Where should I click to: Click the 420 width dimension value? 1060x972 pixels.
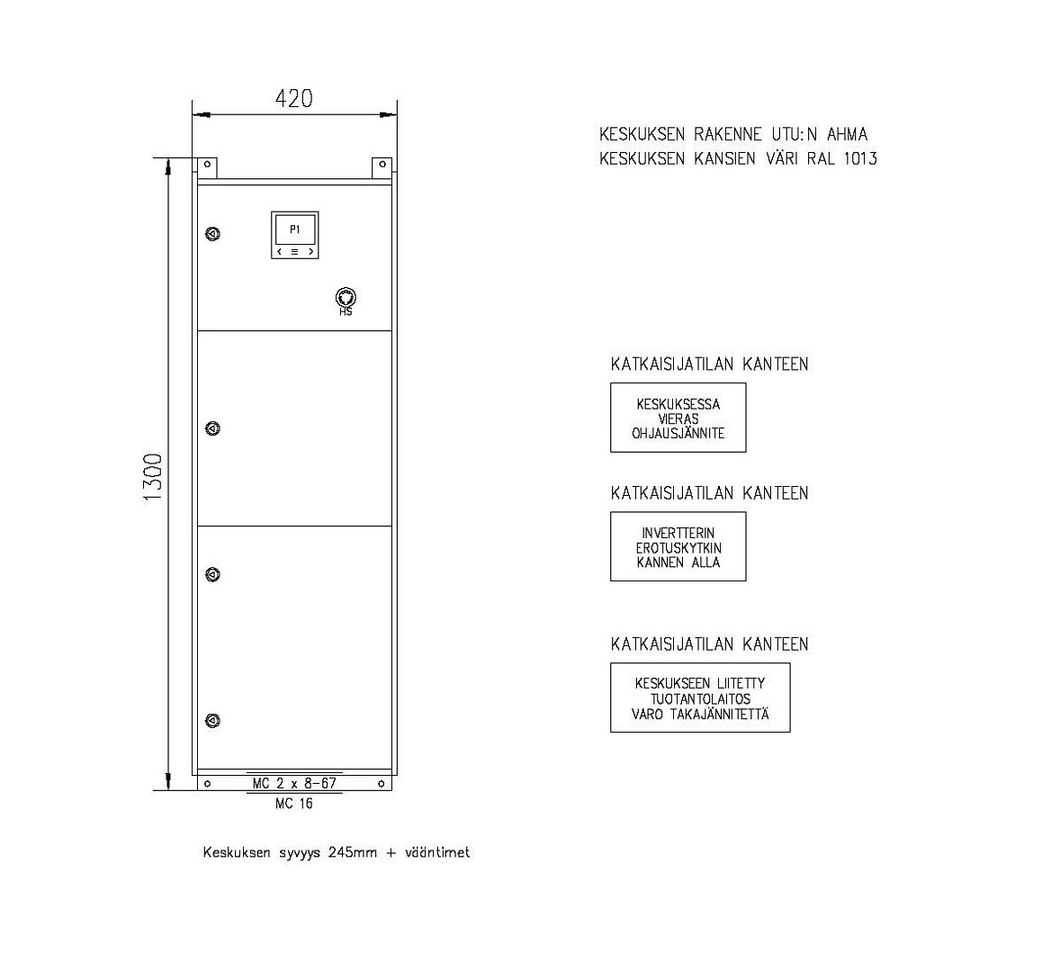[x=294, y=99]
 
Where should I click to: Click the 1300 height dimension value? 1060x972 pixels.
[x=154, y=477]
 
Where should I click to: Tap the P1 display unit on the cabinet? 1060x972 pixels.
[x=295, y=235]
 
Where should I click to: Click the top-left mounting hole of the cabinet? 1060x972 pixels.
[x=208, y=165]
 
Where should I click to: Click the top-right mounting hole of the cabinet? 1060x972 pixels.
[x=382, y=165]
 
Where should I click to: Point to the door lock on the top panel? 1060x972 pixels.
[x=212, y=234]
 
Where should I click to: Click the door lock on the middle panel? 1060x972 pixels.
[x=212, y=428]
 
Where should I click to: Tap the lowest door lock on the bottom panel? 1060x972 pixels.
[x=212, y=721]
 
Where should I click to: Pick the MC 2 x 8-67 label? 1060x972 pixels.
[x=294, y=783]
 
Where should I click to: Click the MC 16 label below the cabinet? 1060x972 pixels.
[x=294, y=804]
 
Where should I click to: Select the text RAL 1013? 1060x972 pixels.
[x=841, y=158]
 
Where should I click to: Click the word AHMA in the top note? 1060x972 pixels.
[x=847, y=134]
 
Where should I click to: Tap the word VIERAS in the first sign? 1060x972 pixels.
[x=678, y=419]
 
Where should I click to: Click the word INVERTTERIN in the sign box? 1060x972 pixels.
[x=678, y=534]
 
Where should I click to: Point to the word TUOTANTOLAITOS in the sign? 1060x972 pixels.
[x=700, y=699]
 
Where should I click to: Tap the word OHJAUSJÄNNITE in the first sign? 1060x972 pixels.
[x=678, y=433]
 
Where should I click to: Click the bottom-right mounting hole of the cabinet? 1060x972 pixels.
[x=382, y=784]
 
